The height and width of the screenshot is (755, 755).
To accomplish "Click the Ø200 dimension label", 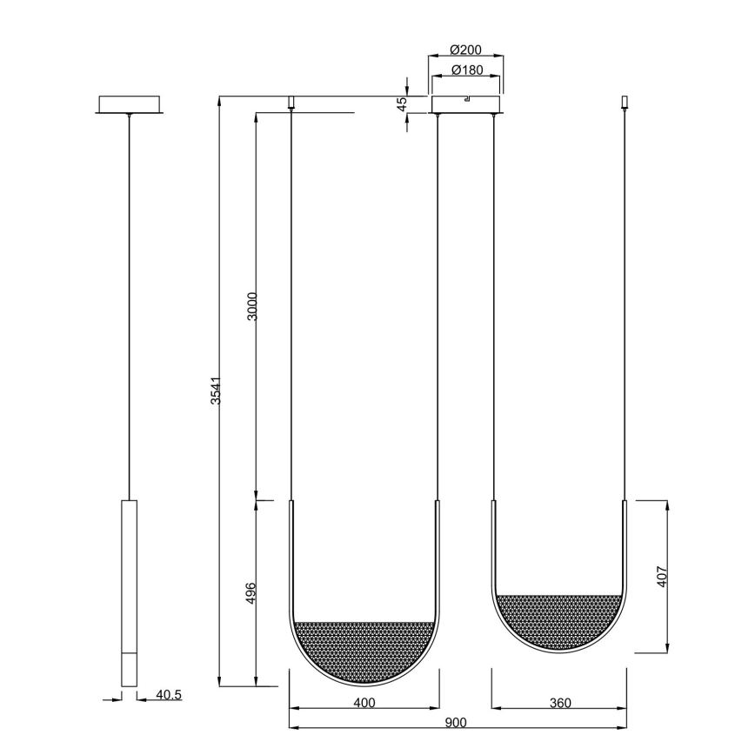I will coord(466,50).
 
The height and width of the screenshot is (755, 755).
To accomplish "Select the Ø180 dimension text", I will coord(466,70).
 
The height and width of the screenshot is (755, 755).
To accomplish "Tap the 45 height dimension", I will coord(402,104).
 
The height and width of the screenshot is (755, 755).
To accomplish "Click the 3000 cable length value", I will coord(252,306).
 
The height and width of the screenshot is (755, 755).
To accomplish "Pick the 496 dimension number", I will coord(252,593).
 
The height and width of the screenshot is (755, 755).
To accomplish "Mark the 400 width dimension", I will coord(364,702).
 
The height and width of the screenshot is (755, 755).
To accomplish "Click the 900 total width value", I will coord(456,722).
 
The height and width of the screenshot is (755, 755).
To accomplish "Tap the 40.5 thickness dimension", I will coord(168,695).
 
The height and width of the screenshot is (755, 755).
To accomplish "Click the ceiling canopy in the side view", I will coord(129,104).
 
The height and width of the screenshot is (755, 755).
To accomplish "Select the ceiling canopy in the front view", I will coord(467,104).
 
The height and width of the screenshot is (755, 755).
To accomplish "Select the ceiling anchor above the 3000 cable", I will coord(291,103).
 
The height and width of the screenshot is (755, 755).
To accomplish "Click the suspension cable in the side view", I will coord(129,304).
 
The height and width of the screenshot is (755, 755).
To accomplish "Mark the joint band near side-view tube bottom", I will coord(129,653).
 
